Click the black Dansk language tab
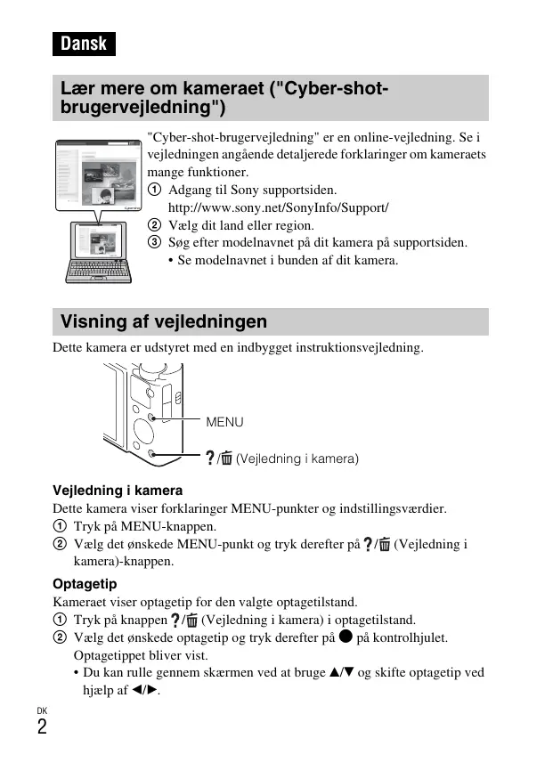point(84,44)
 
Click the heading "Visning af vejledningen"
point(164,321)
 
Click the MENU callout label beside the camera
point(224,422)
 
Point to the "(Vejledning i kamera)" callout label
point(297,459)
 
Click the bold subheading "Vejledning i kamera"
point(118,491)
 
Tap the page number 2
point(42,726)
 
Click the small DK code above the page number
point(42,710)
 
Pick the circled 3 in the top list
point(154,243)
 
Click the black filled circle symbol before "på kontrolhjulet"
point(346,637)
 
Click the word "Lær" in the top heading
point(77,90)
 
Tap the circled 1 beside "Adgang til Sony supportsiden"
point(154,190)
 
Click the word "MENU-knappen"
point(160,526)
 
